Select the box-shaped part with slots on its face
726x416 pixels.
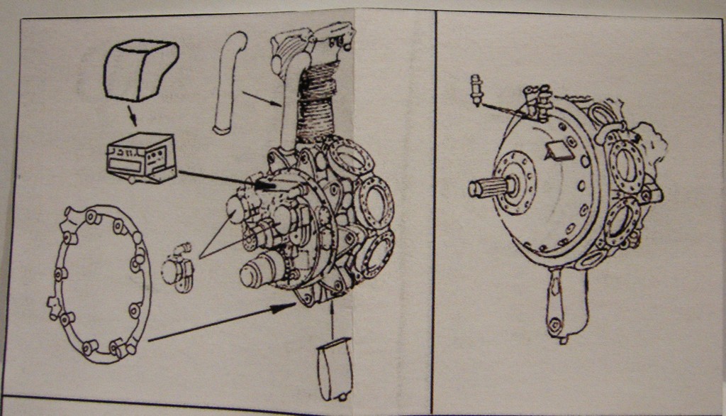point(140,157)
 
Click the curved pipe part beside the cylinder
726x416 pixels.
point(228,82)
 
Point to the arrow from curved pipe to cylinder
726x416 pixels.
point(262,99)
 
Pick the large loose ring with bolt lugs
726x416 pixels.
point(100,283)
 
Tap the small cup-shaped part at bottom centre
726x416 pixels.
point(333,369)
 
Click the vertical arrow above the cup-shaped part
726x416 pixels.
point(333,319)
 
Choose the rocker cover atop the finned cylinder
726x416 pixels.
point(312,44)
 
